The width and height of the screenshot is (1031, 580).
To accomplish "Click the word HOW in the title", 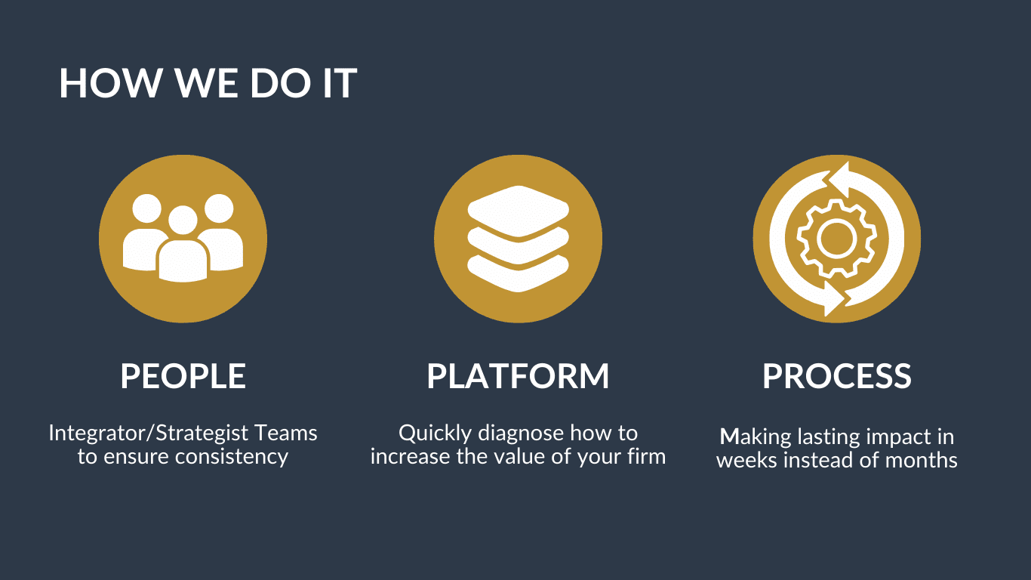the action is click(110, 83).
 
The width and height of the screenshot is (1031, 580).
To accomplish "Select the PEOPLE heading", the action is click(183, 376).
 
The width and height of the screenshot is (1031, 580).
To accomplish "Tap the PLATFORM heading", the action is click(518, 376).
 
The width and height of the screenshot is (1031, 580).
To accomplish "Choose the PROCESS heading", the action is click(837, 376).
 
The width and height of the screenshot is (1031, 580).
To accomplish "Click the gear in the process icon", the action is click(836, 239).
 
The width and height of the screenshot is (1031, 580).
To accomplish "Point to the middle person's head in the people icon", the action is click(183, 220).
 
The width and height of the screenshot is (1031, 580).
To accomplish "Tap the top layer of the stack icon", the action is click(519, 211).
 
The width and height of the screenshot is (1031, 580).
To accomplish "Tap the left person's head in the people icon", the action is click(147, 208).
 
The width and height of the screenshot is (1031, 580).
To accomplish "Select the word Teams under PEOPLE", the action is click(286, 433).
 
